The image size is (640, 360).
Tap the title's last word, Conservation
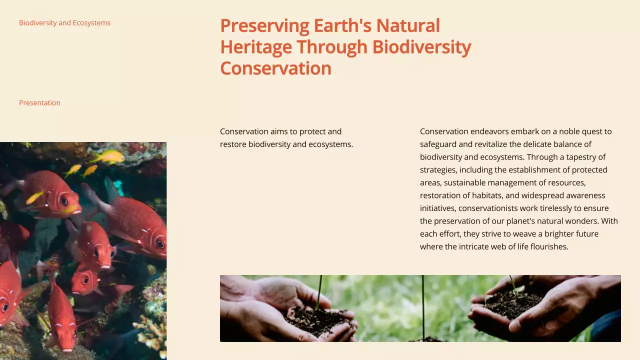coord(275,68)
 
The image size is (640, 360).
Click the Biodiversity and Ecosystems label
coord(64,23)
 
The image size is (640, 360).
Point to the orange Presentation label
coord(39,103)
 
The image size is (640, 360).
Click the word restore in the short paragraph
coord(233,144)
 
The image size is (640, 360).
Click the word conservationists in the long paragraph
coord(488,208)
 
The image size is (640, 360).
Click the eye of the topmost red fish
coord(64,200)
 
